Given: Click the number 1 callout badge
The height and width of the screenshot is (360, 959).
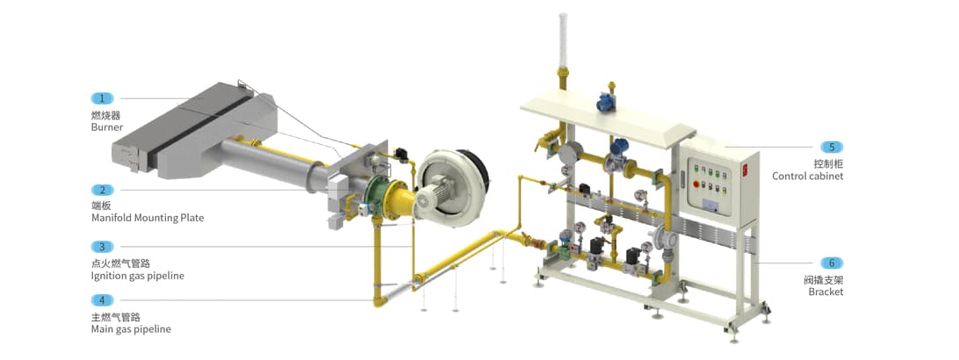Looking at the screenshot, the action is tap(102, 97).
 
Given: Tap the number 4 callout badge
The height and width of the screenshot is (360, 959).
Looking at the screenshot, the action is tap(102, 300).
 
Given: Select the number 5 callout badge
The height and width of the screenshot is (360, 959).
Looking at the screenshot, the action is tap(832, 147).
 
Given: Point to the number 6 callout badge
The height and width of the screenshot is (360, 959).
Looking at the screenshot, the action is tap(832, 263).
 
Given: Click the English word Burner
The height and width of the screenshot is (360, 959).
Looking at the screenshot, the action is tap(107, 127).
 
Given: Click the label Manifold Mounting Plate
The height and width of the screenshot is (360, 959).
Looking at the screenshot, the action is tap(148, 218).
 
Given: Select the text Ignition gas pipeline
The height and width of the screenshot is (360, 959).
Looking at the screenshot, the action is tap(138, 276).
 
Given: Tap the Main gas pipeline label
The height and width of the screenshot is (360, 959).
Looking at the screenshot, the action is tap(131, 329).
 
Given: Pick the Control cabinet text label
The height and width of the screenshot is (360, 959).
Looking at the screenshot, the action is tap(807, 176).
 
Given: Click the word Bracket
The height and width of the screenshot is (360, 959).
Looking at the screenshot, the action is tap(826, 292).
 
